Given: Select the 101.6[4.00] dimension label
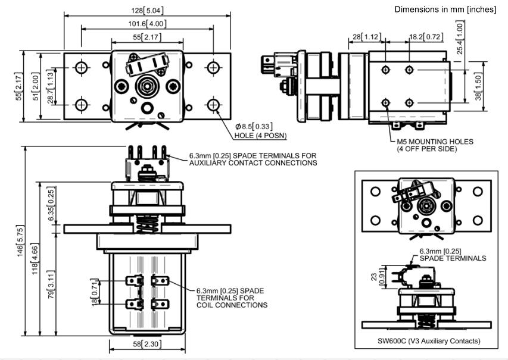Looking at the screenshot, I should (147, 24).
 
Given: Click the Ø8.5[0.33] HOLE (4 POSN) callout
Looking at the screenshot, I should (260, 131).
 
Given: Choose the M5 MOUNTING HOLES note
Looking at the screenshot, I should (435, 145).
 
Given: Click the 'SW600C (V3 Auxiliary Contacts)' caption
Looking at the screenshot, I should (425, 341).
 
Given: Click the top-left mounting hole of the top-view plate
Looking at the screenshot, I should (81, 68).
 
